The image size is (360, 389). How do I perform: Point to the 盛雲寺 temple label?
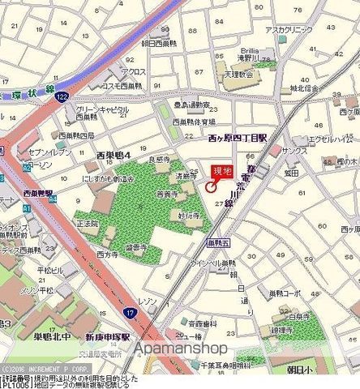click(136, 247)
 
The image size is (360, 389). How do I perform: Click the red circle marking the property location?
click(211, 187)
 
